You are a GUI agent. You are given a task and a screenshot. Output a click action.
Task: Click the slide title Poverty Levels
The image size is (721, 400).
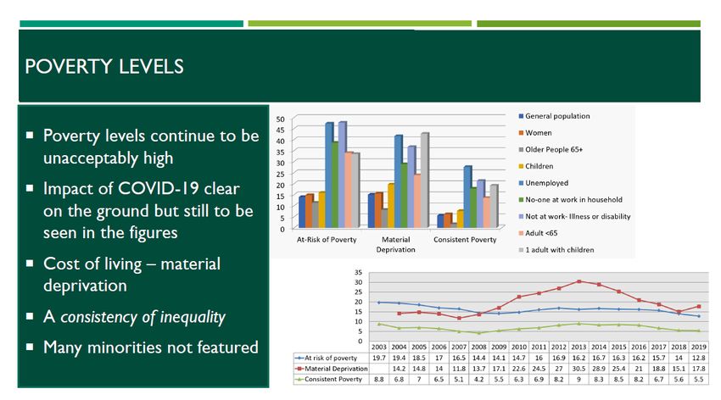104,67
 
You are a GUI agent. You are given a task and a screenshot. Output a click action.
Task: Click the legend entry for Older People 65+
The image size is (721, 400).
551,150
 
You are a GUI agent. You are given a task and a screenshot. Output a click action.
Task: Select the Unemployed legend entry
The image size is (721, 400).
544,183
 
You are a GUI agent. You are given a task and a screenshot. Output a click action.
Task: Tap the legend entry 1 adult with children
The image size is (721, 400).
556,250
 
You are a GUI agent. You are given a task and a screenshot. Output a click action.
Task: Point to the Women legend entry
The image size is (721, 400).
535,133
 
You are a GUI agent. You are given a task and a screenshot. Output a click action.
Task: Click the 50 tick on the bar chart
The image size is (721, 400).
281,119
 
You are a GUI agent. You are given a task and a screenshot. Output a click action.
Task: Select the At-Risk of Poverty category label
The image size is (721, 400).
327,239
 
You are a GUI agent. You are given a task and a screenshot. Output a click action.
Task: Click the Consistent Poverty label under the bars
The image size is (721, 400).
465,239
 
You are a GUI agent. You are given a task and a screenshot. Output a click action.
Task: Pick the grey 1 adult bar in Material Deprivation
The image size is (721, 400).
424,181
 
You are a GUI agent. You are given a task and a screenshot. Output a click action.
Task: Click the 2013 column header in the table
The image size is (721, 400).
578,347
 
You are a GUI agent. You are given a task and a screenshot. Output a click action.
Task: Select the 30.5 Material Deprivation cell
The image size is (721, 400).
578,369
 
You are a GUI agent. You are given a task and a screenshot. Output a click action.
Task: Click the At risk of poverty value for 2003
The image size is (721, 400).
379,358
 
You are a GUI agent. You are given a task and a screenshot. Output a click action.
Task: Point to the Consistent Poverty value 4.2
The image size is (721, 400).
478,380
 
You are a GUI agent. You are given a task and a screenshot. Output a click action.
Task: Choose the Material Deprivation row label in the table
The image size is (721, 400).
332,369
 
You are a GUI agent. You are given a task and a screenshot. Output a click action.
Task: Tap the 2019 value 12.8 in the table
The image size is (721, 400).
698,358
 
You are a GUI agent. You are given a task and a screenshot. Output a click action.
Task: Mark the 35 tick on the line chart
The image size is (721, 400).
358,272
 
